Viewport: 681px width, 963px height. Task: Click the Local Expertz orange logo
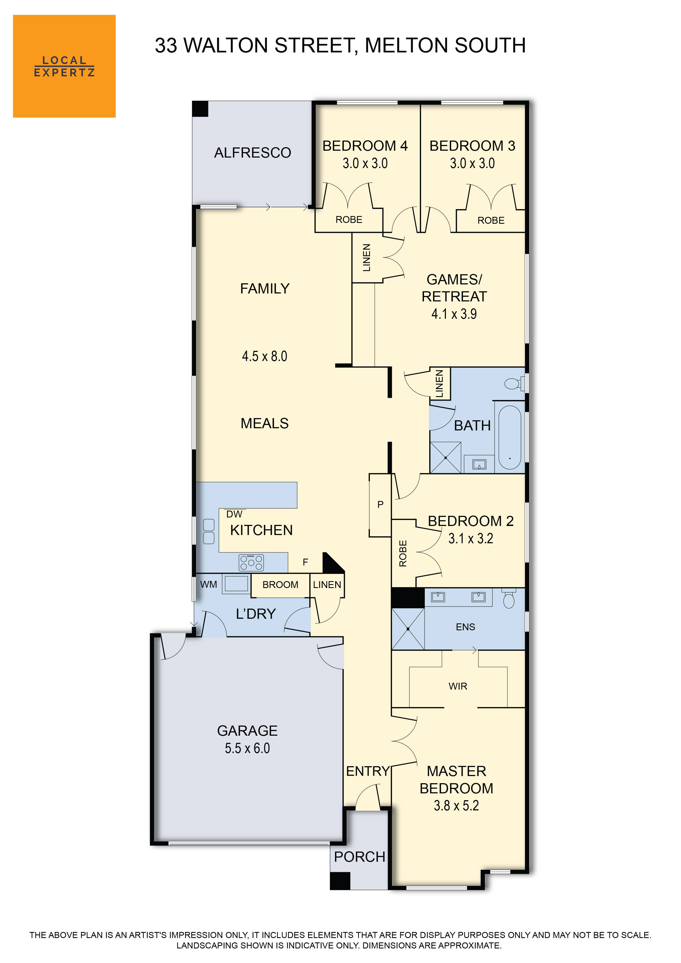[x=64, y=66]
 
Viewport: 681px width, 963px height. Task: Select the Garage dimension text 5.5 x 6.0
[x=247, y=748]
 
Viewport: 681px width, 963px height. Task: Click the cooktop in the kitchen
[x=251, y=562]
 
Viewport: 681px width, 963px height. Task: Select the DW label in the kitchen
[x=234, y=514]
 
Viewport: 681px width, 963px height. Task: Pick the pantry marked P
[x=380, y=505]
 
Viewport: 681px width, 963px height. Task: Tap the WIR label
[x=458, y=686]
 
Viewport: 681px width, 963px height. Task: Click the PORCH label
[x=360, y=857]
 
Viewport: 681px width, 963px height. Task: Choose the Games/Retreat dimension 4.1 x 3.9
[x=454, y=314]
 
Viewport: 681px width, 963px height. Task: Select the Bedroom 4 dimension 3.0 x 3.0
[x=365, y=163]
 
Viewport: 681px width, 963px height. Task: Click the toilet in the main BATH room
[x=513, y=383]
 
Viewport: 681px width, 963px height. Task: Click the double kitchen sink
[x=208, y=531]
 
